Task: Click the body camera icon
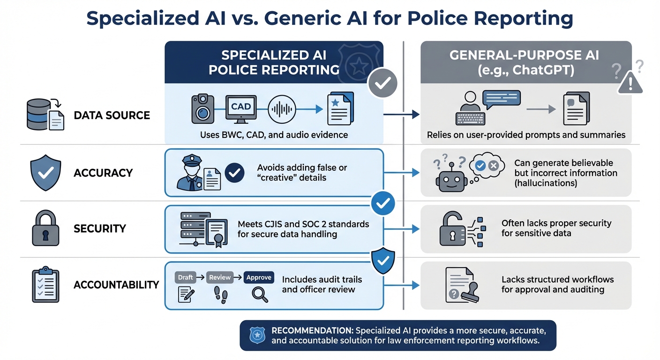pos(202,109)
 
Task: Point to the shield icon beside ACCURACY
pos(45,173)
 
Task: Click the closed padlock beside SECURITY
pos(45,228)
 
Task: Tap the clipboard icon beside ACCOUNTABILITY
pos(45,285)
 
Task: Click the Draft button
pos(186,277)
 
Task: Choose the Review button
pos(220,277)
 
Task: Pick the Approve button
pos(259,277)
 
